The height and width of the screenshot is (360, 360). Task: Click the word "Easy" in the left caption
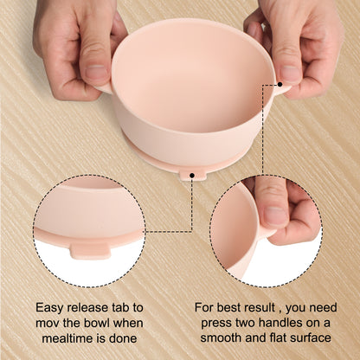50,308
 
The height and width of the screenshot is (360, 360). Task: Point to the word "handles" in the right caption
279,323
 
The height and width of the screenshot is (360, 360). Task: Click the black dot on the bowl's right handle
280,85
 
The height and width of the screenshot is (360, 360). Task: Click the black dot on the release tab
192,175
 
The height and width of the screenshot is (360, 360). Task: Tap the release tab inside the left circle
91,250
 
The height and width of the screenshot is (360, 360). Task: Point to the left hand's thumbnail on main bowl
96,72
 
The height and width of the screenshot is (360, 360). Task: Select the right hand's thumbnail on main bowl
291,74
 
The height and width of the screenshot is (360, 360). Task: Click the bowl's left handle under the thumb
105,88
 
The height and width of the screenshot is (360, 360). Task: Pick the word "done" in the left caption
123,338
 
